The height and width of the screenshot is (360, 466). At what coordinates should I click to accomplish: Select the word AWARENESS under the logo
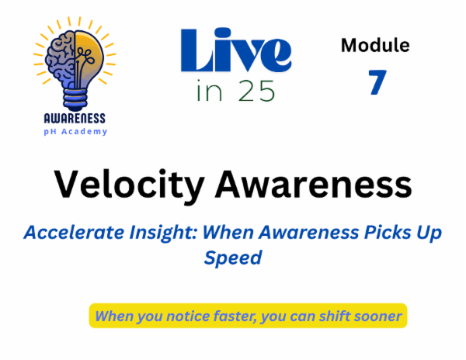[75, 119]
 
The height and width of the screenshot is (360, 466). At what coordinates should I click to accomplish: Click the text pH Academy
[75, 132]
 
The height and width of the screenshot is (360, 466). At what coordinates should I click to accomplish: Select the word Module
[375, 45]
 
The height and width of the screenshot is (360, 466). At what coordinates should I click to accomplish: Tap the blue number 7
[377, 81]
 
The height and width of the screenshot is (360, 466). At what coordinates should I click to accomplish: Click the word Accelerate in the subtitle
[66, 231]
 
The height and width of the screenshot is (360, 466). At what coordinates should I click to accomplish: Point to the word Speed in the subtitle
[232, 257]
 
